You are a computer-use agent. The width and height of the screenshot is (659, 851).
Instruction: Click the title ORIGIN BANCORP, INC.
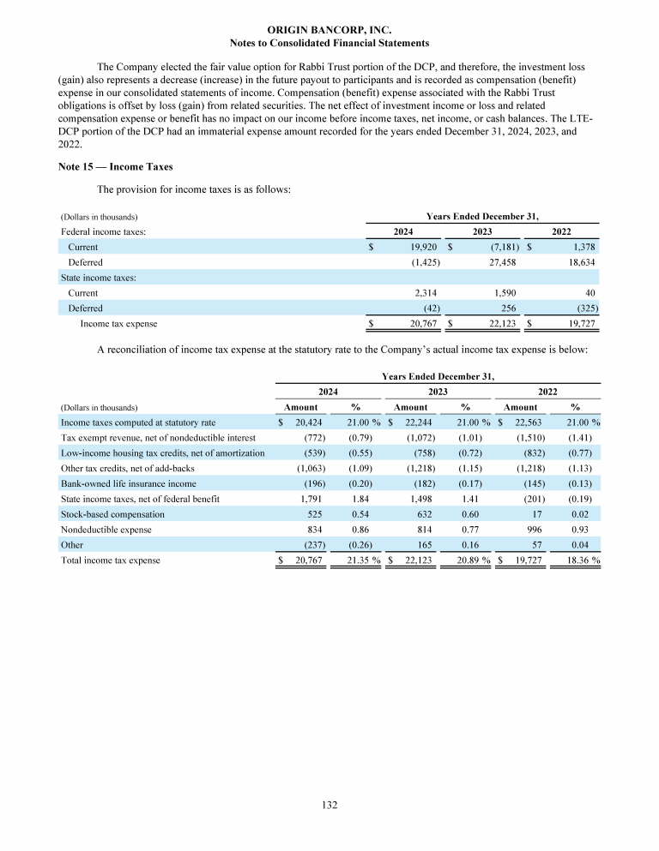coord(329,29)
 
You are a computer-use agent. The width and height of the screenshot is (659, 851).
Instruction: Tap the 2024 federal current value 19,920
coord(426,247)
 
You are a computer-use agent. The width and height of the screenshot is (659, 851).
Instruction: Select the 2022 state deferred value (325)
coord(582,308)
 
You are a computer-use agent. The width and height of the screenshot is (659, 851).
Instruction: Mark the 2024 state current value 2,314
coord(427,293)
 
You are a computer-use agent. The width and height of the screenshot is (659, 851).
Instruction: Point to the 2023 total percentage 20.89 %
coord(469,560)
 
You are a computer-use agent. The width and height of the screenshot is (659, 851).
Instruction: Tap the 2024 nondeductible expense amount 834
coord(314,530)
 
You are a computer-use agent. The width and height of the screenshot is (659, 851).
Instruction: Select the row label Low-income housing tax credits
coord(162,453)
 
